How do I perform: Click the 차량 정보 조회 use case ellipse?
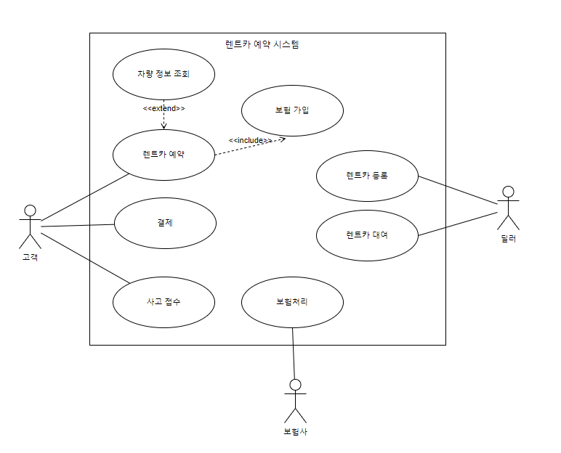tap(164, 73)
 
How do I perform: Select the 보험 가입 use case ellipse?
tap(292, 110)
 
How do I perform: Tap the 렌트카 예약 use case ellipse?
tap(164, 154)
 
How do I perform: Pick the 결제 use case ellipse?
tap(165, 223)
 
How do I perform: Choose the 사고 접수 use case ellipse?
tap(164, 302)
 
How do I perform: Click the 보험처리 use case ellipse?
tap(292, 302)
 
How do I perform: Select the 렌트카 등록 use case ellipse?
tap(368, 176)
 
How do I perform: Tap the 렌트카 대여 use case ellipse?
tap(368, 235)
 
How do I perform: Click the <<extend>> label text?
tap(164, 108)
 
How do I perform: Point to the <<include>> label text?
tap(250, 140)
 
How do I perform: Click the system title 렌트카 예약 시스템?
tap(262, 44)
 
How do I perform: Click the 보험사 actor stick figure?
tap(295, 400)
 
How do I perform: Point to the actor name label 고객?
tap(29, 256)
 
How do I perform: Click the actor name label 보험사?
tap(295, 431)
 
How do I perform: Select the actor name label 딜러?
tap(508, 237)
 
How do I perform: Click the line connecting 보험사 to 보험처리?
tap(294, 352)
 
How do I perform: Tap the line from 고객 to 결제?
tap(78, 226)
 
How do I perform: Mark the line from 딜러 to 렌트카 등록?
tap(458, 192)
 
